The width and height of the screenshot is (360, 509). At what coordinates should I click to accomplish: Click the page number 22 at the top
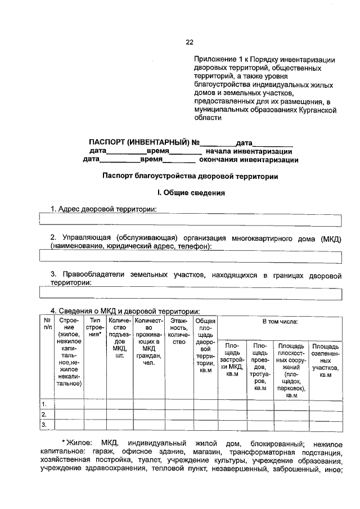coord(190,42)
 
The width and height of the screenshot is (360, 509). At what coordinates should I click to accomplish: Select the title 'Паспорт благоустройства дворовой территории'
coord(190,175)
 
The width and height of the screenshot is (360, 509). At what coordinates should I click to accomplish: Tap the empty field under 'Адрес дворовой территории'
coord(190,219)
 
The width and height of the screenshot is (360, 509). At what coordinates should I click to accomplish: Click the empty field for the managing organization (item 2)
coord(190,257)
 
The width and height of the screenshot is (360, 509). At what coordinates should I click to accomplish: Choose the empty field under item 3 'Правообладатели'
coord(190,292)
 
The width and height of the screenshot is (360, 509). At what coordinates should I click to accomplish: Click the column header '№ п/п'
coord(46,324)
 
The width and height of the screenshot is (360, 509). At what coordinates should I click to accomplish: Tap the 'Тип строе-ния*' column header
coord(95,327)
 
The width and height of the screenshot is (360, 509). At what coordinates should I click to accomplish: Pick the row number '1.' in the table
coord(44,404)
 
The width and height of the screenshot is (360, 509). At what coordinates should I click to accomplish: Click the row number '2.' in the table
coord(44,415)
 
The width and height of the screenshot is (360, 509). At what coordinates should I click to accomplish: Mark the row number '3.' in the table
coord(44,424)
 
